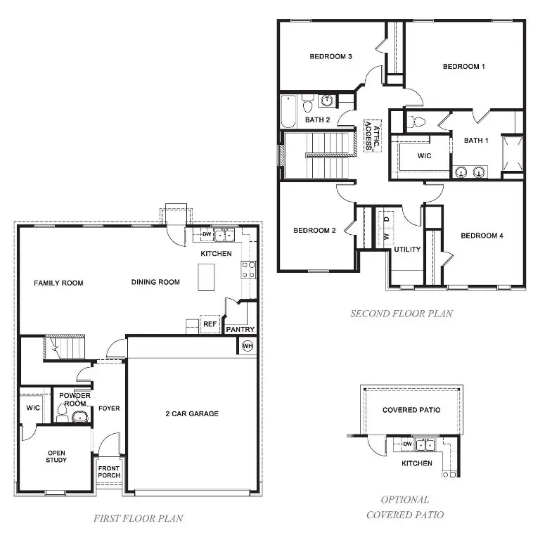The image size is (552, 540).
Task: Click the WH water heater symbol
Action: (247, 345)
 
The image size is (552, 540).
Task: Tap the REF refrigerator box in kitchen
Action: (210, 324)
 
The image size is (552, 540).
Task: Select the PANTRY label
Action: (240, 329)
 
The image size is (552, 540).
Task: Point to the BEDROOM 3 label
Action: (330, 56)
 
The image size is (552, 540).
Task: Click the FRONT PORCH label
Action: (109, 471)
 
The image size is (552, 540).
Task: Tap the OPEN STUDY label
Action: (56, 456)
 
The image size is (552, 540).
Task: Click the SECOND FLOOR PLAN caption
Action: (401, 314)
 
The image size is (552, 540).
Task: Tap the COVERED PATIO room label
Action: (411, 410)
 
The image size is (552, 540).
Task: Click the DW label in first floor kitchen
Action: (207, 235)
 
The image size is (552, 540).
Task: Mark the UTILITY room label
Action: (407, 250)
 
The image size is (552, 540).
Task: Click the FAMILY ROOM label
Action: (58, 283)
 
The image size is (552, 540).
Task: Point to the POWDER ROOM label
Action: (73, 399)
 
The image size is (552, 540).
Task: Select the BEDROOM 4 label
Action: (482, 236)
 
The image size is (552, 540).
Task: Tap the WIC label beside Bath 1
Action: (424, 155)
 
